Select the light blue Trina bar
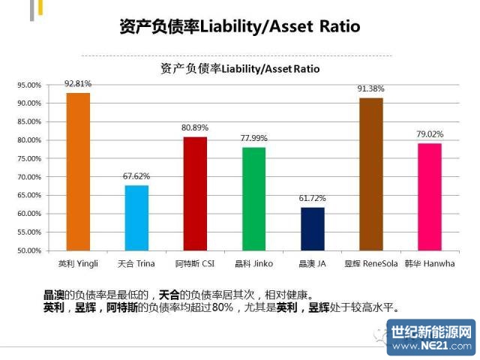pyautogui.click(x=136, y=217)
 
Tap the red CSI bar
pyautogui.click(x=195, y=193)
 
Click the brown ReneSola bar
pyautogui.click(x=370, y=174)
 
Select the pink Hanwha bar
pyautogui.click(x=429, y=196)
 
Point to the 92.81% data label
pyautogui.click(x=78, y=83)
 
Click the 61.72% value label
pyautogui.click(x=312, y=198)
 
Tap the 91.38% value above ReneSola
pyautogui.click(x=370, y=88)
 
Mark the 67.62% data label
pyautogui.click(x=136, y=176)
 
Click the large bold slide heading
pyautogui.click(x=240, y=27)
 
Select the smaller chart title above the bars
pyautogui.click(x=240, y=68)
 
